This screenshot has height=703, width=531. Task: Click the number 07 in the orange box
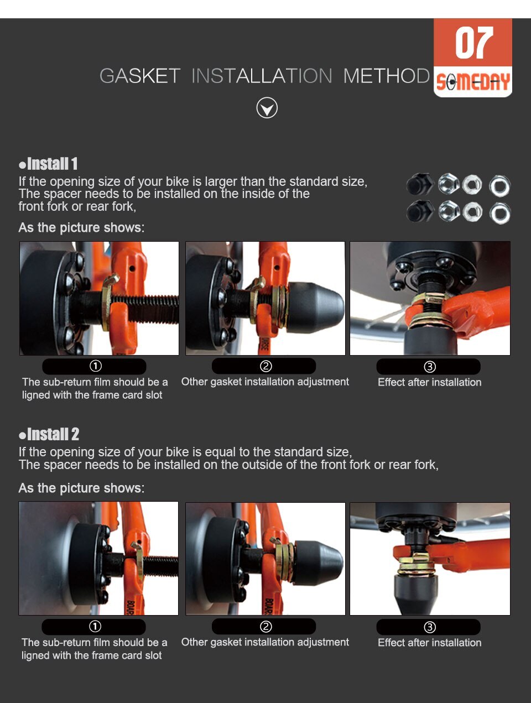473,43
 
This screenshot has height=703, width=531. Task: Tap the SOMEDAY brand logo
473,82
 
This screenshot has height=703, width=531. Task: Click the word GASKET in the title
139,76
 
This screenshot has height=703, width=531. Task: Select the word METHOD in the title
386,76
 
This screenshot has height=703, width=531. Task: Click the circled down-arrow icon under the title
267,108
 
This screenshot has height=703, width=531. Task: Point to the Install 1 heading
48,164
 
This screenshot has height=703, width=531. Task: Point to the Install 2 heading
49,434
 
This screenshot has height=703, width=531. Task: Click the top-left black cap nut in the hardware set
420,184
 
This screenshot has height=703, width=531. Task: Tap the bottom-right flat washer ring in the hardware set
500,213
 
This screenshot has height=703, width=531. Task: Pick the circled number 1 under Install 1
96,366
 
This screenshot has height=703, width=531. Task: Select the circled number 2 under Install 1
265,366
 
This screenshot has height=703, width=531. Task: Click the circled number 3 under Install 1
430,366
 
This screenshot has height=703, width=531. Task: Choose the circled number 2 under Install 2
265,627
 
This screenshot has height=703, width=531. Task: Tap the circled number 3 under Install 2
430,627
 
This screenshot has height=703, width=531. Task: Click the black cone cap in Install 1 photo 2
315,308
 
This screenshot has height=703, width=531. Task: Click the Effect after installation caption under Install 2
429,643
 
